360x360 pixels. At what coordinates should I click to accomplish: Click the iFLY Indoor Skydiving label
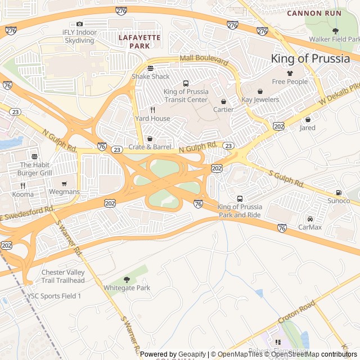(79, 37)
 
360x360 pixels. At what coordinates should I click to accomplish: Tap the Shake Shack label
(150, 76)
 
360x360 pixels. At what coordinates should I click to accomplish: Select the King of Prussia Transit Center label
(186, 96)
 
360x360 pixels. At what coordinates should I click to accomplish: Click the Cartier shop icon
(223, 101)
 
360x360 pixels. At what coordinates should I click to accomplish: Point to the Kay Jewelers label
(260, 100)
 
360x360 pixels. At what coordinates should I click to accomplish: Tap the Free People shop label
(290, 82)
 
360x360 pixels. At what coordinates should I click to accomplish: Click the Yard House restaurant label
(152, 119)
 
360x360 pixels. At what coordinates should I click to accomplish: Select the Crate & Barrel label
(150, 147)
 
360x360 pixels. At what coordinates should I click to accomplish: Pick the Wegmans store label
(64, 192)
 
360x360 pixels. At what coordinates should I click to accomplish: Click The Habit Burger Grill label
(35, 169)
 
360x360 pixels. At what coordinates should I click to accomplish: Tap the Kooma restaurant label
(22, 194)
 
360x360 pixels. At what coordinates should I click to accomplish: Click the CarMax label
(309, 227)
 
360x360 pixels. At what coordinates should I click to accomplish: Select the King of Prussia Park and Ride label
(240, 211)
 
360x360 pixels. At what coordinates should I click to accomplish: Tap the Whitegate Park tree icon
(127, 280)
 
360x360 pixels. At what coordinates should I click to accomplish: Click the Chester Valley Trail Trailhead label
(63, 276)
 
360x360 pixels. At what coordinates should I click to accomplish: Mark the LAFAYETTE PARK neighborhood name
(139, 41)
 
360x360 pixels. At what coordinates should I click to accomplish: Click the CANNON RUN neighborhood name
(314, 13)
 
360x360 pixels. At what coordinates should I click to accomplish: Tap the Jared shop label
(307, 128)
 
